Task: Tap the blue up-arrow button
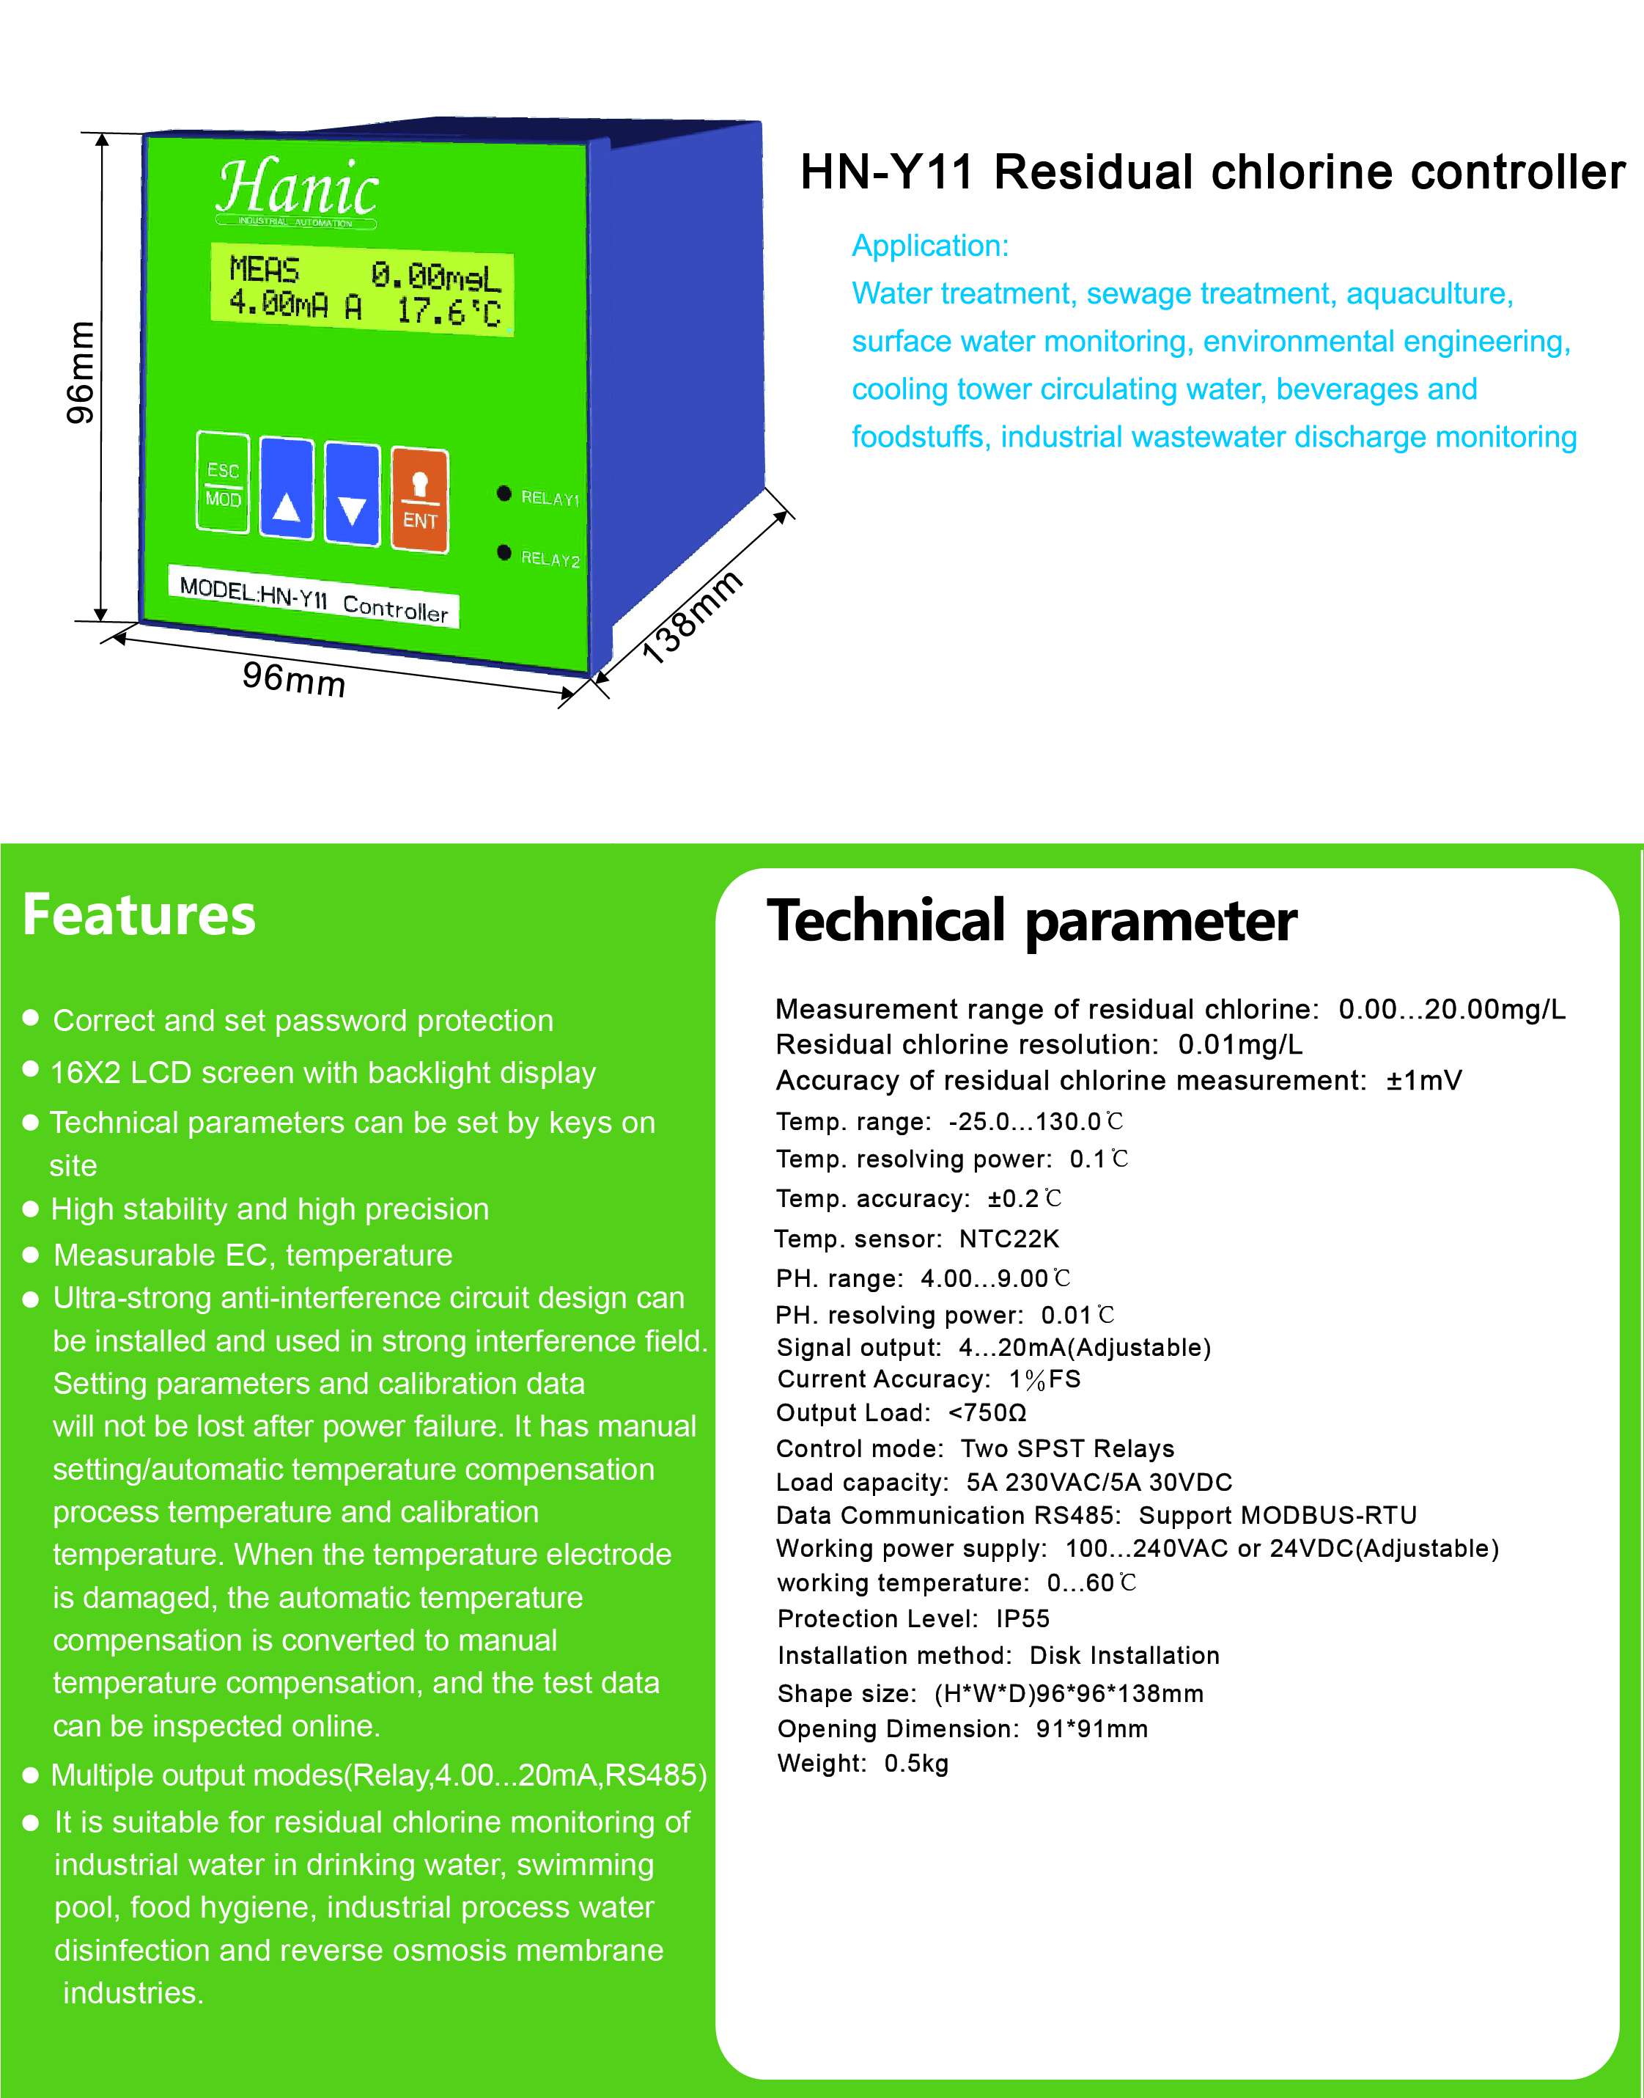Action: [x=287, y=489]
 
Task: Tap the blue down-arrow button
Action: [x=353, y=494]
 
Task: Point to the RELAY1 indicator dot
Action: [x=504, y=494]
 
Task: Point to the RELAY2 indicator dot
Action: [x=504, y=553]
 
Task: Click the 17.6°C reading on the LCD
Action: [x=449, y=311]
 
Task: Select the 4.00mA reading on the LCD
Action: [x=279, y=304]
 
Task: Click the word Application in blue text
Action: [x=928, y=246]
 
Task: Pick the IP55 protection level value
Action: [x=1022, y=1618]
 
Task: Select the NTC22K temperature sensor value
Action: [x=1008, y=1239]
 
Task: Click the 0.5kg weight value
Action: [x=915, y=1763]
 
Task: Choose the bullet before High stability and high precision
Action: [x=31, y=1208]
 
